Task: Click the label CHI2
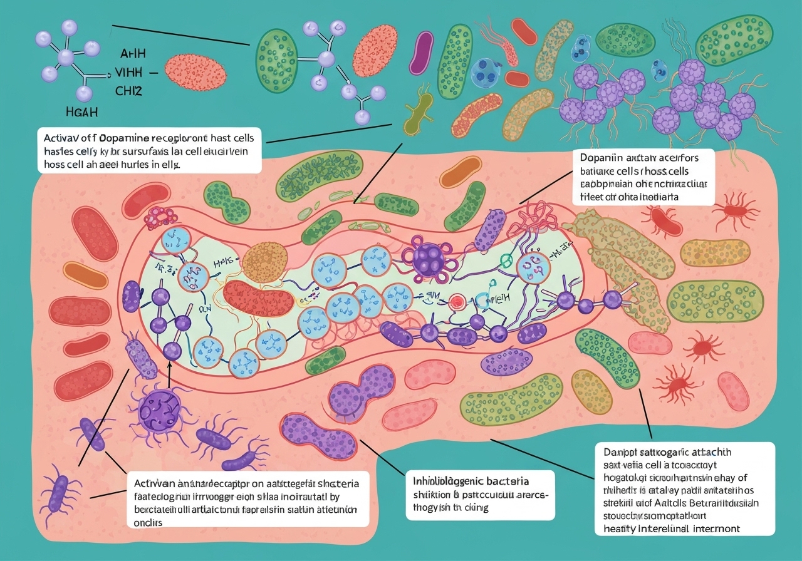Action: pyautogui.click(x=128, y=91)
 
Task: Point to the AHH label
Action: pyautogui.click(x=128, y=54)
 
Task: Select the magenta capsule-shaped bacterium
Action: pyautogui.click(x=421, y=53)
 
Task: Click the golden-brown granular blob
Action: pyautogui.click(x=263, y=263)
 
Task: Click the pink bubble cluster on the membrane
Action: pyautogui.click(x=161, y=217)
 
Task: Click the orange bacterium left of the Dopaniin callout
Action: pyautogui.click(x=464, y=168)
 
